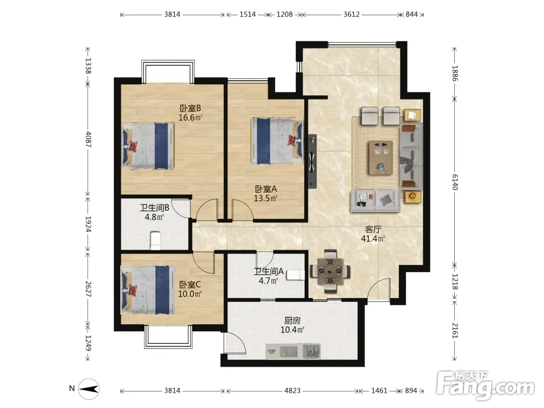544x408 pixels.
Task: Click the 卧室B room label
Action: tap(190, 108)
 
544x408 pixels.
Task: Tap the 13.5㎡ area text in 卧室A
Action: tap(265, 199)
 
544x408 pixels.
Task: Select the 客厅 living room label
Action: tap(373, 230)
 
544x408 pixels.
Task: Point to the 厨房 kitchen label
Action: tap(292, 320)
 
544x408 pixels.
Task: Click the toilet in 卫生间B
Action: tap(155, 240)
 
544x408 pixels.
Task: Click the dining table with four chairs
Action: tap(330, 270)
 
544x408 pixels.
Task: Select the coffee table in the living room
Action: tap(381, 158)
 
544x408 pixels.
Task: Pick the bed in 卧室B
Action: tap(147, 146)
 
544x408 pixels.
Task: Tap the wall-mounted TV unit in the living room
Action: tap(312, 162)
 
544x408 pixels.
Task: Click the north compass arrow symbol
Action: tap(89, 389)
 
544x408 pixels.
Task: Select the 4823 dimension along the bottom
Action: tap(292, 391)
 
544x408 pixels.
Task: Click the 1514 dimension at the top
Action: tap(248, 14)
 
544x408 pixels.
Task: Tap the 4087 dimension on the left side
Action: tap(89, 139)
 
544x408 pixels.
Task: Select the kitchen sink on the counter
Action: tap(312, 351)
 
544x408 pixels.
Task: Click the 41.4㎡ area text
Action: tap(373, 239)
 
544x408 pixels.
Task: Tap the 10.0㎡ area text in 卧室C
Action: tap(190, 294)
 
